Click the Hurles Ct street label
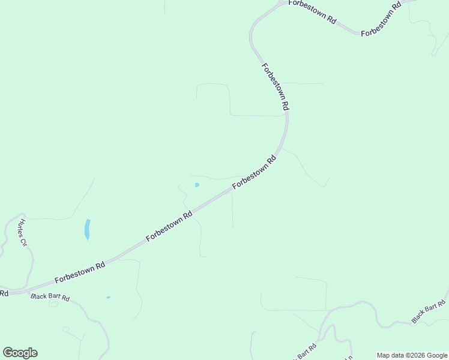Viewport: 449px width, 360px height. pyautogui.click(x=23, y=233)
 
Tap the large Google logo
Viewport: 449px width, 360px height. pyautogui.click(x=20, y=353)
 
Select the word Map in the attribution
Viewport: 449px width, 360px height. pyautogui.click(x=384, y=355)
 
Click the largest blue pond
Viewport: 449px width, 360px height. pyautogui.click(x=88, y=229)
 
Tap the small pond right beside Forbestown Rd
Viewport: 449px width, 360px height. pyautogui.click(x=197, y=185)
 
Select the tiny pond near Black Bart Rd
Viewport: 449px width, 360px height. pyautogui.click(x=108, y=298)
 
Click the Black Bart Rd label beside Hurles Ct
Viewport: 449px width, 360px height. pyautogui.click(x=50, y=297)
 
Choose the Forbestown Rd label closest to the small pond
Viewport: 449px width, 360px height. pyautogui.click(x=254, y=172)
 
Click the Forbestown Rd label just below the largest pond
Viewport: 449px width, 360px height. pyautogui.click(x=80, y=271)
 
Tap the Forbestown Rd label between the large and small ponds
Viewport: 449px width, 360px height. pyautogui.click(x=169, y=227)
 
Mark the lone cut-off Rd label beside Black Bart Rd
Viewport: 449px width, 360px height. pyautogui.click(x=4, y=293)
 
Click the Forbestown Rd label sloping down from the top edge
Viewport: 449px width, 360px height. pyautogui.click(x=312, y=11)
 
